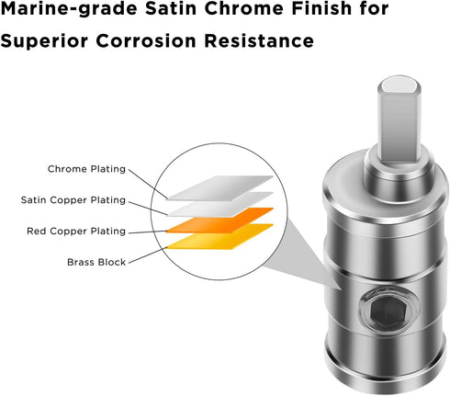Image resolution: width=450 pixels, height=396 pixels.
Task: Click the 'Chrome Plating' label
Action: click(86, 169)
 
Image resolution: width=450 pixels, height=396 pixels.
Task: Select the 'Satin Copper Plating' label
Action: click(73, 200)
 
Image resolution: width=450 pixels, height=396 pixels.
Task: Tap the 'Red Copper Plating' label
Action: click(76, 232)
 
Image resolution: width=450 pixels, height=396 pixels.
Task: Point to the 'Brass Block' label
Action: click(96, 262)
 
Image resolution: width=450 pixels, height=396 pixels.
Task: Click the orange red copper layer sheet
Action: click(219, 221)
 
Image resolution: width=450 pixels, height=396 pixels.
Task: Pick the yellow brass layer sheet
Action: click(219, 237)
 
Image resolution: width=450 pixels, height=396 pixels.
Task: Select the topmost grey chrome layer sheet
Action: click(220, 188)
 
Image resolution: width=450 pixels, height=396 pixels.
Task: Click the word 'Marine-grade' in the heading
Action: click(69, 9)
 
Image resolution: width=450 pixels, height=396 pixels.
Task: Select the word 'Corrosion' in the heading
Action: click(146, 40)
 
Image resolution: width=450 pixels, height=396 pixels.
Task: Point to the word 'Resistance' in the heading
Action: click(259, 40)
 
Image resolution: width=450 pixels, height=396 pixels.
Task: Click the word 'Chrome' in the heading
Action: click(244, 8)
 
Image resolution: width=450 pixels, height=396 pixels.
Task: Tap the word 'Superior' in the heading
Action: click(44, 41)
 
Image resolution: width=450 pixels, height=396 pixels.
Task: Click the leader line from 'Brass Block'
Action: click(148, 255)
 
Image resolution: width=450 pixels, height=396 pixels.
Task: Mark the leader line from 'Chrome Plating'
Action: click(148, 184)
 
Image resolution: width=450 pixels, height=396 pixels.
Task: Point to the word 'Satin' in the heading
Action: click(171, 8)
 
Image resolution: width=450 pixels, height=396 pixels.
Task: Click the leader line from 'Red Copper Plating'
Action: click(147, 232)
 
